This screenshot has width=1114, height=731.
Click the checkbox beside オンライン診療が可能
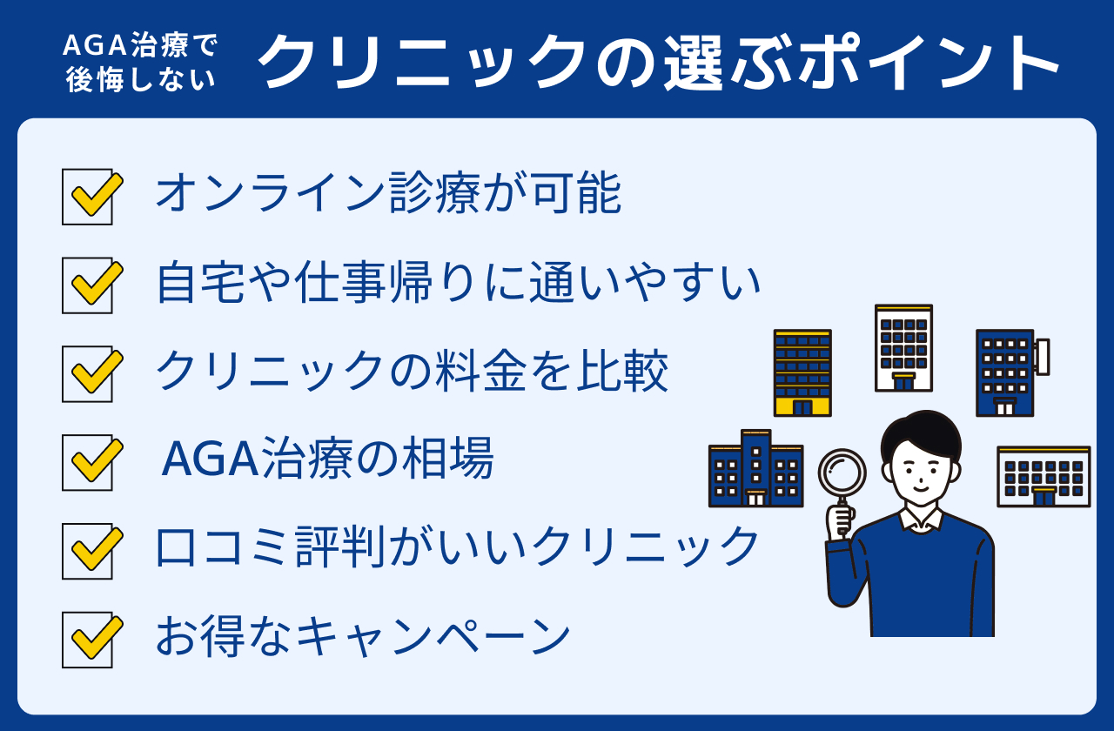coord(88,197)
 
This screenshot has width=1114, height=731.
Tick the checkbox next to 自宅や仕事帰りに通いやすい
coord(88,285)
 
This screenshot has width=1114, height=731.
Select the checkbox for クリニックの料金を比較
coord(88,374)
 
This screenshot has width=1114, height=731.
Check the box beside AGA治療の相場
coord(88,462)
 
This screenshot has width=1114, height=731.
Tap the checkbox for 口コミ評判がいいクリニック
coord(88,551)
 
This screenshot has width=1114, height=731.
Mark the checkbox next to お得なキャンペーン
coord(88,640)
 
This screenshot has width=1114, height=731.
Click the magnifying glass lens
coord(842,473)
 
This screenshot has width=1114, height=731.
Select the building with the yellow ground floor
coord(802,373)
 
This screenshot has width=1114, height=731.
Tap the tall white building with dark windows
coord(903,348)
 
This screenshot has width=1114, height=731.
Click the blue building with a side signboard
coord(1012,373)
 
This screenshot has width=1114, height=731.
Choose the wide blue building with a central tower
coord(755,468)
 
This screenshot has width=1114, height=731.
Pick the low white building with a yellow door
coord(1044,477)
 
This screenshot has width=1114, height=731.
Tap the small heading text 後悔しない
coord(141,79)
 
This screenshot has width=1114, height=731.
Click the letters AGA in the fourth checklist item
coord(210,459)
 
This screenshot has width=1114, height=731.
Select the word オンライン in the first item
coord(272,192)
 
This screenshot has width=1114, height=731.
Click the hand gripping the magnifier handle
coord(840,521)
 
